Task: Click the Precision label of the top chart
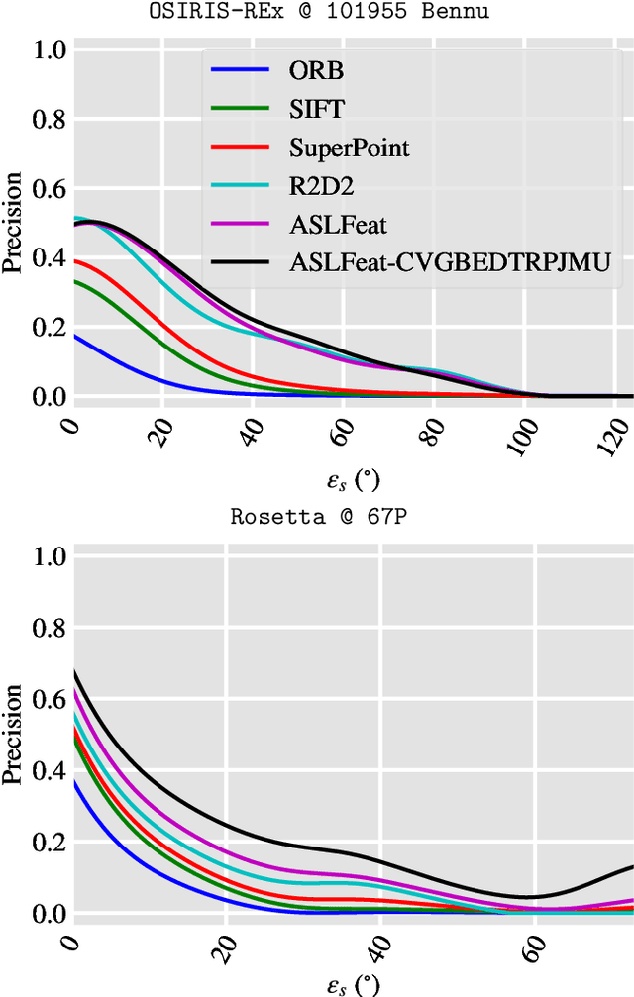click(13, 224)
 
